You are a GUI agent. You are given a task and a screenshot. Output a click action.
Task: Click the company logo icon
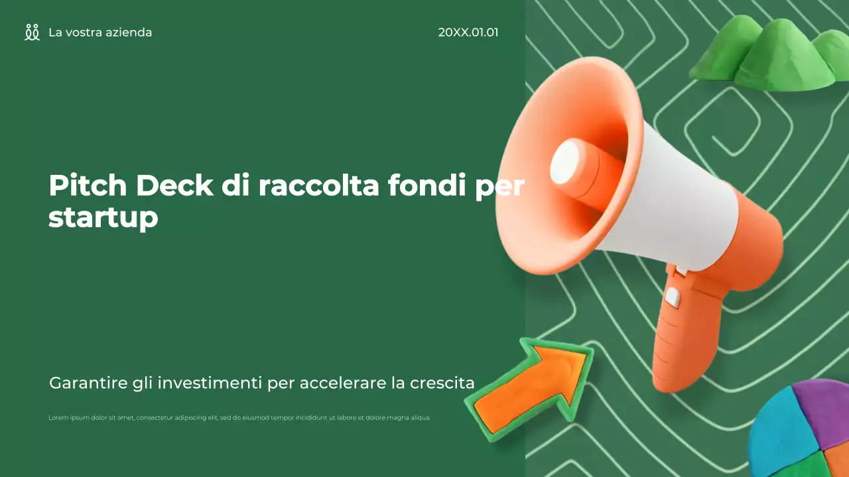click(32, 32)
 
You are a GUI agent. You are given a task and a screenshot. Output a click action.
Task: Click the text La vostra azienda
click(100, 32)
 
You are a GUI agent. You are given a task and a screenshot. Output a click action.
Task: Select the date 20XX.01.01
click(468, 32)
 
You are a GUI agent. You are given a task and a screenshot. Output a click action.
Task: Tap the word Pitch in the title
click(88, 185)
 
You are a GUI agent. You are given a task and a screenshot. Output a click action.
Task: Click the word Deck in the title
click(175, 185)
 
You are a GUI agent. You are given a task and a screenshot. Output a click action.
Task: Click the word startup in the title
click(103, 218)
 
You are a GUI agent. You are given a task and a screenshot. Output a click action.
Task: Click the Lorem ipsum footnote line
click(239, 418)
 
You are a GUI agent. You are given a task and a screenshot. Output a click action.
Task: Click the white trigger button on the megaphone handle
click(673, 297)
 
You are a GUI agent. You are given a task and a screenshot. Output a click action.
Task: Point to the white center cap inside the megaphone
click(564, 162)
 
